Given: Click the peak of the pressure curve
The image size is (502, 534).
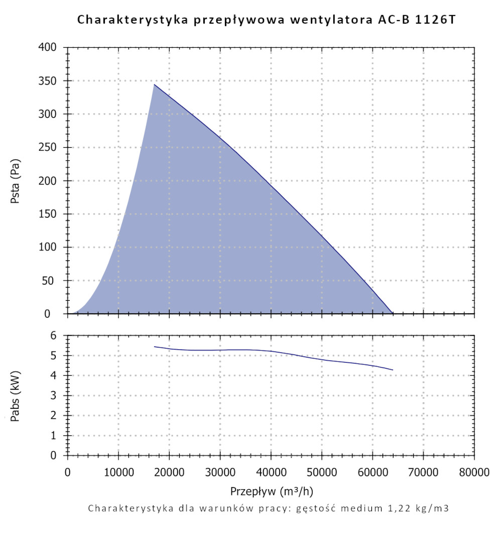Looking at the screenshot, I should [154, 84].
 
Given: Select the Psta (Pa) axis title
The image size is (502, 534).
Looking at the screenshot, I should [15, 181].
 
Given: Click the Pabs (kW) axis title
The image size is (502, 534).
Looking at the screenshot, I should [15, 395].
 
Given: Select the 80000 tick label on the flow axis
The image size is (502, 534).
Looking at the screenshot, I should [474, 472].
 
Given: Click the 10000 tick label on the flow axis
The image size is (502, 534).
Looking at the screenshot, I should [118, 472].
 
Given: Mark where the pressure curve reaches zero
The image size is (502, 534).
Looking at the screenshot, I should [393, 313].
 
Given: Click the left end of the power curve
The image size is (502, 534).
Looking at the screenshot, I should [155, 346].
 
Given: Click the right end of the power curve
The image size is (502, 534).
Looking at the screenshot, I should [393, 370].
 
